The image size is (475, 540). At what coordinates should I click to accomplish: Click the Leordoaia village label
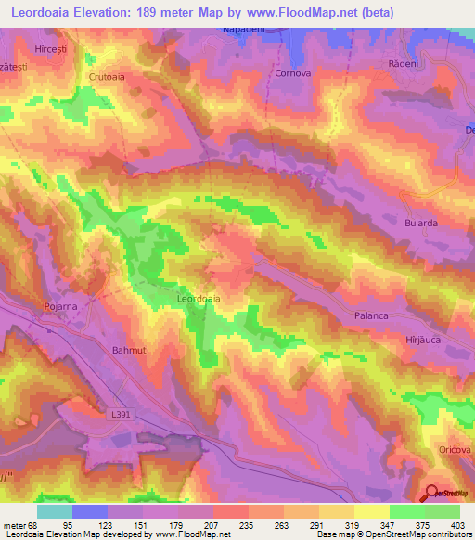(198, 300)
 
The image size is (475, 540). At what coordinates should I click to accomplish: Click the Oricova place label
(456, 449)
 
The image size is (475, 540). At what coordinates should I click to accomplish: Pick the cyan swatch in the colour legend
(55, 511)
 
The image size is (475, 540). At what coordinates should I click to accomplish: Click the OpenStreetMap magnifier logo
(434, 494)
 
